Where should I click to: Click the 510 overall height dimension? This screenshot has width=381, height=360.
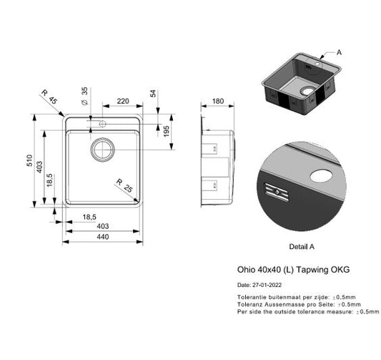pyautogui.click(x=30, y=163)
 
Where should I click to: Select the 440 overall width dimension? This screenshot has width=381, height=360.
pyautogui.click(x=103, y=236)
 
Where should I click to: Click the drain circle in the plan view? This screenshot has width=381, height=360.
pyautogui.click(x=101, y=149)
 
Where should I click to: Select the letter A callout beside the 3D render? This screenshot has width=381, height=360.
pyautogui.click(x=340, y=52)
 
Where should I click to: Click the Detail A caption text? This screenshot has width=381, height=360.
pyautogui.click(x=300, y=245)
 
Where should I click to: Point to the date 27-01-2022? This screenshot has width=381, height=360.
pyautogui.click(x=263, y=285)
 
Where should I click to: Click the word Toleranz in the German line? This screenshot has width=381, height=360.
pyautogui.click(x=249, y=304)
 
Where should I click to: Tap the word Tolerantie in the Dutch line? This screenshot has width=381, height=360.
pyautogui.click(x=252, y=296)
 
